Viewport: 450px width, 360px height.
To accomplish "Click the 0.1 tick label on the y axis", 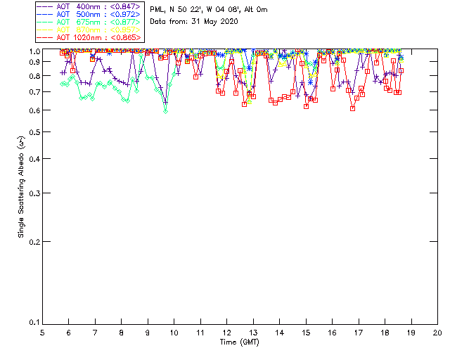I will [x=32, y=322].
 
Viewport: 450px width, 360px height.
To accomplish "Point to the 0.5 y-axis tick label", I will [x=32, y=132].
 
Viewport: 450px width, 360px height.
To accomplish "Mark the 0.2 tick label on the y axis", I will [x=32, y=241].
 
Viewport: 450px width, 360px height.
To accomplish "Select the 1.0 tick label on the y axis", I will [x=32, y=51].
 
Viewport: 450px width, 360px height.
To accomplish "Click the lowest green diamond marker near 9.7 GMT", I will [x=166, y=111].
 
